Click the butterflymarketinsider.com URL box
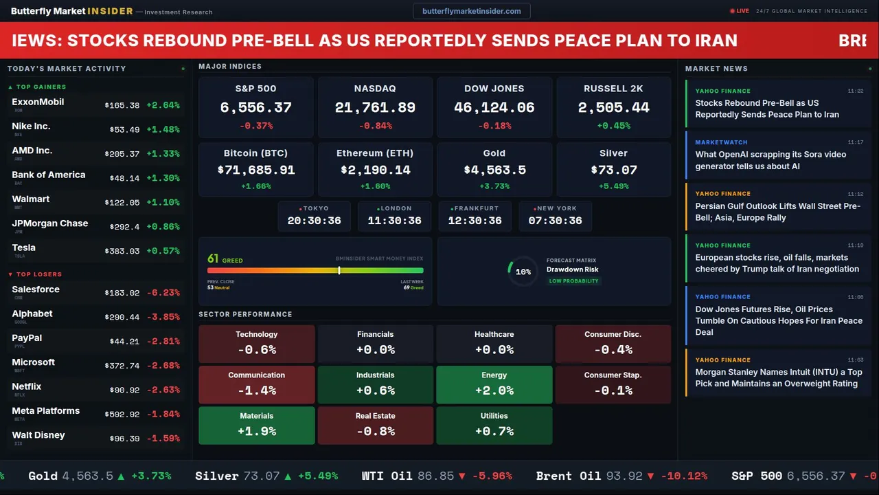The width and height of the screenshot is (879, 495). coord(471,11)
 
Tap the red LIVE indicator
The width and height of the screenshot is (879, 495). coord(740,11)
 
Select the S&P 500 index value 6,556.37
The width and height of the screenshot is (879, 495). coord(255,107)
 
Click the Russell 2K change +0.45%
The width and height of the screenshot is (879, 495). coord(613,126)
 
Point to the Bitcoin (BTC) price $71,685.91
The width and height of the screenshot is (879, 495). coord(255,170)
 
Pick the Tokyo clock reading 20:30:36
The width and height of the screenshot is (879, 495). coord(314,221)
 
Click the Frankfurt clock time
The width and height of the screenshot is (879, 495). coord(475,221)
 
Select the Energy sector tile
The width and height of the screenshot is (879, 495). coord(494,384)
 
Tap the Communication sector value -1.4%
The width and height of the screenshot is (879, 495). coord(256,390)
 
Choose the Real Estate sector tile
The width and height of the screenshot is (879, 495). coord(375,425)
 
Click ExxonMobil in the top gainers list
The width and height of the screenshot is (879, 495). coord(38,102)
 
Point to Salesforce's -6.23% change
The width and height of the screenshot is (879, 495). coord(163,293)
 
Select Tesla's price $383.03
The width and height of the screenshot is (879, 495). coord(122,252)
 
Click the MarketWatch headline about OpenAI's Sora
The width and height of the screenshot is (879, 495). coord(770,160)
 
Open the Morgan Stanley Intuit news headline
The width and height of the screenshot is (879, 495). coord(778,377)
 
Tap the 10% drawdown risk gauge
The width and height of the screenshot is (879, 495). coord(523,272)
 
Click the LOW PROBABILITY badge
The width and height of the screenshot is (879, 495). coord(573,281)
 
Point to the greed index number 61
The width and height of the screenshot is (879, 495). coord(213,259)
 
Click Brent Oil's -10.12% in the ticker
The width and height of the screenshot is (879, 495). coord(684,476)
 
